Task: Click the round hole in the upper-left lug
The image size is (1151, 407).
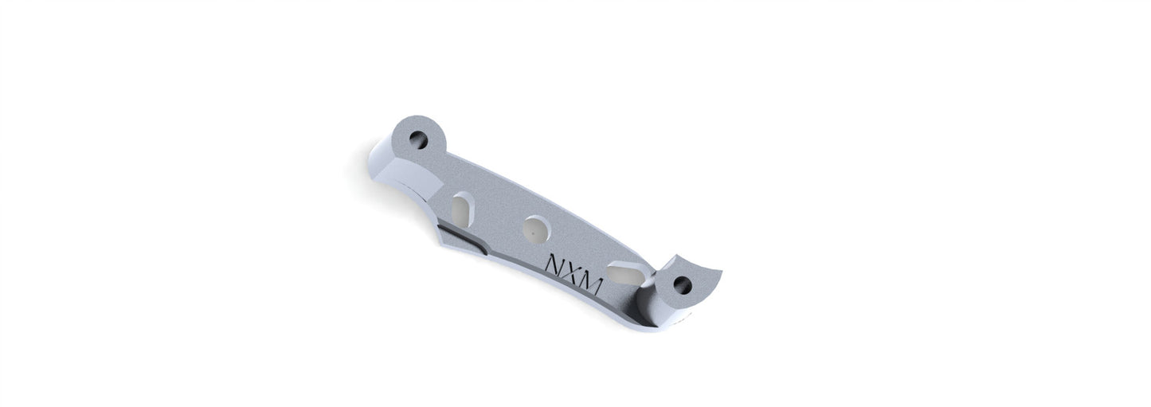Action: click(x=418, y=139)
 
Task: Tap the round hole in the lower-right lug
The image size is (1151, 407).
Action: click(x=683, y=285)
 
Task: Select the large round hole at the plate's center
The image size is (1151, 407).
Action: click(x=537, y=229)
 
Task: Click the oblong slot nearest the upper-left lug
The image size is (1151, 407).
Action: click(x=463, y=209)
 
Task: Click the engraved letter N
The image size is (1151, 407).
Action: click(x=556, y=264)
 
